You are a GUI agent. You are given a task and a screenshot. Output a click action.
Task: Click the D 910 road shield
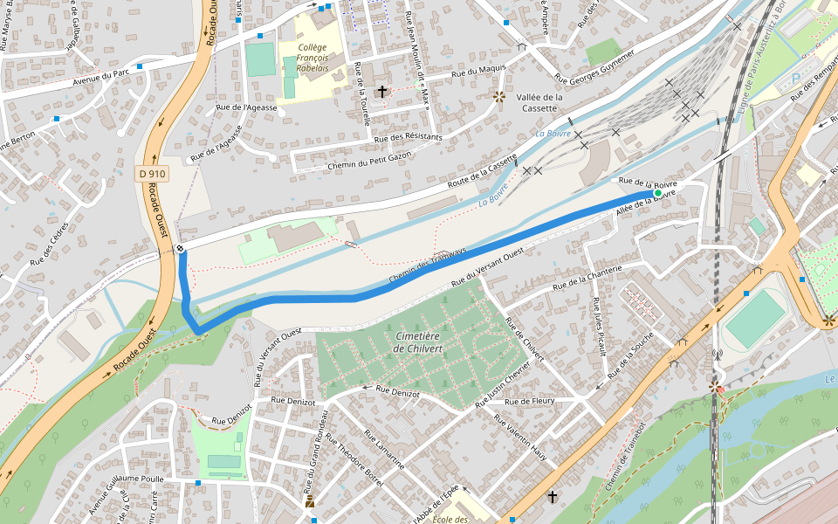click(x=152, y=174)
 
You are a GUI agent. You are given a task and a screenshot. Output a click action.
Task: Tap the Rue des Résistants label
click(x=408, y=137)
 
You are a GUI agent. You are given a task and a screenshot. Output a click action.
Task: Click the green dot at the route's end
click(x=658, y=193)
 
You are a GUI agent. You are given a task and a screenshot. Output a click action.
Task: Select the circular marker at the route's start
click(x=180, y=249)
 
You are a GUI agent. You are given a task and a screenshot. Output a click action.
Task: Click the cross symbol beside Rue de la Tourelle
click(x=381, y=91)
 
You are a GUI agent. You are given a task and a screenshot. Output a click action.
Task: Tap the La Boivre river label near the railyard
click(x=553, y=134)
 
